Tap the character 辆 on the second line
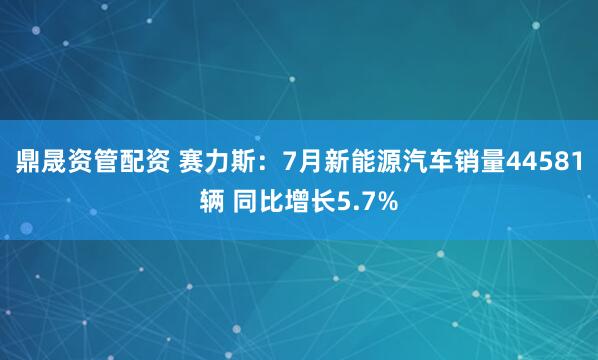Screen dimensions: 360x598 (x=213, y=203)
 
